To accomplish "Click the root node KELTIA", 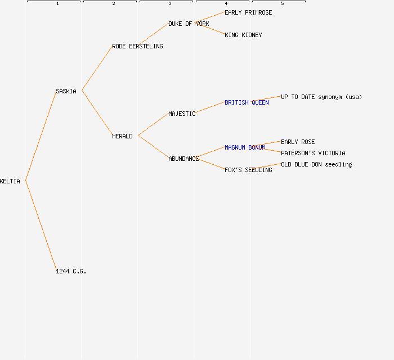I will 10,181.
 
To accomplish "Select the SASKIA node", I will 66,91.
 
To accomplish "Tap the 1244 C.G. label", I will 71,271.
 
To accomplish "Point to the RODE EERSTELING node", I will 137,46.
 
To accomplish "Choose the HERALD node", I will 122,136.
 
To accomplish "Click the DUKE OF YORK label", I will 189,24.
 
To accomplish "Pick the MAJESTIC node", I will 182,114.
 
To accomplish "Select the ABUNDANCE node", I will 183,159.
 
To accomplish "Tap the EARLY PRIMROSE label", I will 248,12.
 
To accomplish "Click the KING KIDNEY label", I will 243,35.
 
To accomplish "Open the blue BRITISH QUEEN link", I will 247,102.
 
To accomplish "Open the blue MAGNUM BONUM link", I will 245,147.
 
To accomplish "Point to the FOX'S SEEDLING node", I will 248,170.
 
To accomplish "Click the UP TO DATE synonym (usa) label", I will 321,97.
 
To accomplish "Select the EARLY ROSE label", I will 298,142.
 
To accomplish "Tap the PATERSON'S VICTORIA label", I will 313,153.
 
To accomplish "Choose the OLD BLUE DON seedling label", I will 316,164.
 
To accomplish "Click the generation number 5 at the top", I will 283,4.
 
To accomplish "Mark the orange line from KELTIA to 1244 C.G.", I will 41,226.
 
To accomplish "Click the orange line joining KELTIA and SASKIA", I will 41,136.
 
